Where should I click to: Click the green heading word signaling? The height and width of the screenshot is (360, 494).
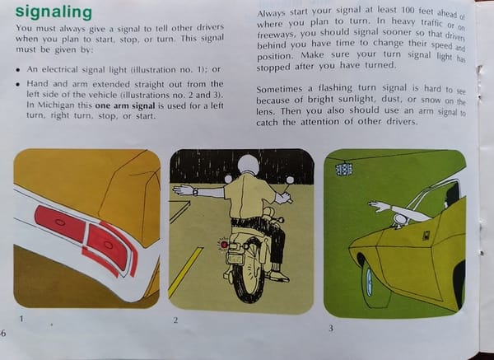[54, 12]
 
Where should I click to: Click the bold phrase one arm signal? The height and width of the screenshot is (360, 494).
[125, 105]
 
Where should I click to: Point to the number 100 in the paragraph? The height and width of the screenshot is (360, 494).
[408, 11]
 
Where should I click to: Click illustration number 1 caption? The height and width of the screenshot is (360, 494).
[21, 319]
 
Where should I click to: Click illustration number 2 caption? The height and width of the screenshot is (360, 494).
[175, 320]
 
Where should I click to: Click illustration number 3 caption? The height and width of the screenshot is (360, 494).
[331, 329]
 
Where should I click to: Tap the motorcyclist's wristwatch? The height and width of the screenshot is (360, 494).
[196, 192]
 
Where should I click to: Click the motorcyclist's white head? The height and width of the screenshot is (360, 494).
[249, 164]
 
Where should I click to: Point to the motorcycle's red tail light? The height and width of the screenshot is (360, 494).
[224, 245]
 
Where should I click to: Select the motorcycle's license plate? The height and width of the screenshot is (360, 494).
[235, 259]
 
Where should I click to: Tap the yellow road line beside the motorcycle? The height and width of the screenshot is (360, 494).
[185, 273]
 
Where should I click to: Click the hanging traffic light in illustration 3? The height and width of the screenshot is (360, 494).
[343, 169]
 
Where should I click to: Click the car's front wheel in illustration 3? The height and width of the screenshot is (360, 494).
[373, 285]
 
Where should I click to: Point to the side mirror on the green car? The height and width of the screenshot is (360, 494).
[399, 220]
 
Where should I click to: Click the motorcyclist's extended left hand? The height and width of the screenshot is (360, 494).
[183, 190]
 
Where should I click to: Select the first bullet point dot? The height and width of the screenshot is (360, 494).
[19, 70]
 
